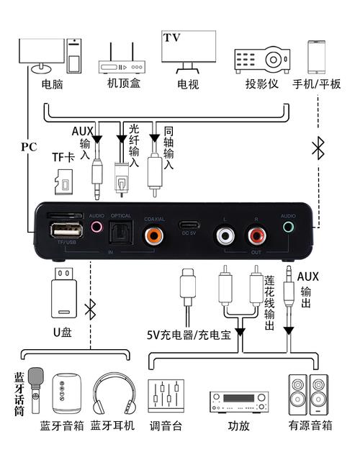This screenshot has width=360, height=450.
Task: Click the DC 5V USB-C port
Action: point(189,225)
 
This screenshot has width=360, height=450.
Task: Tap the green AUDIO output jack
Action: point(289,227)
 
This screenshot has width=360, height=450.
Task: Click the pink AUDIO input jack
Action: point(97,227)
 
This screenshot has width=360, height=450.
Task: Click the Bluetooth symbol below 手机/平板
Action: point(317,148)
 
